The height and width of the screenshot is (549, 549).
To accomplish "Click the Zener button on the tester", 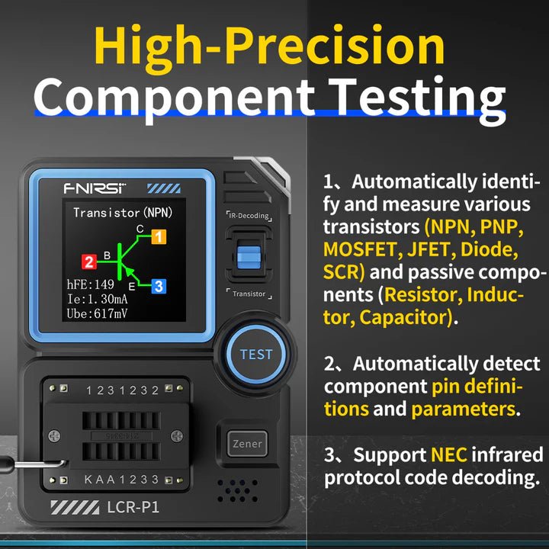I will point(247,443).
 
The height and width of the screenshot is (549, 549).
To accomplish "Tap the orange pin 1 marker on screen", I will point(158,236).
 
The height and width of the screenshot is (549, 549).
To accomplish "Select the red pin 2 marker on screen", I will point(89,262).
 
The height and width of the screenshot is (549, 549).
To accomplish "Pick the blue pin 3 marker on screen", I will point(158,287).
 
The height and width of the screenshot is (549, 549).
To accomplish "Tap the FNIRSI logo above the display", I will point(95,188).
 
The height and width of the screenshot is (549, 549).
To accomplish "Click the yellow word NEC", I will point(448,455).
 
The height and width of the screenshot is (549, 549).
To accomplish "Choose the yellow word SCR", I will point(343,272).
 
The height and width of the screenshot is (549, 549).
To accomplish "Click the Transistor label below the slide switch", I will point(249,294).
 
